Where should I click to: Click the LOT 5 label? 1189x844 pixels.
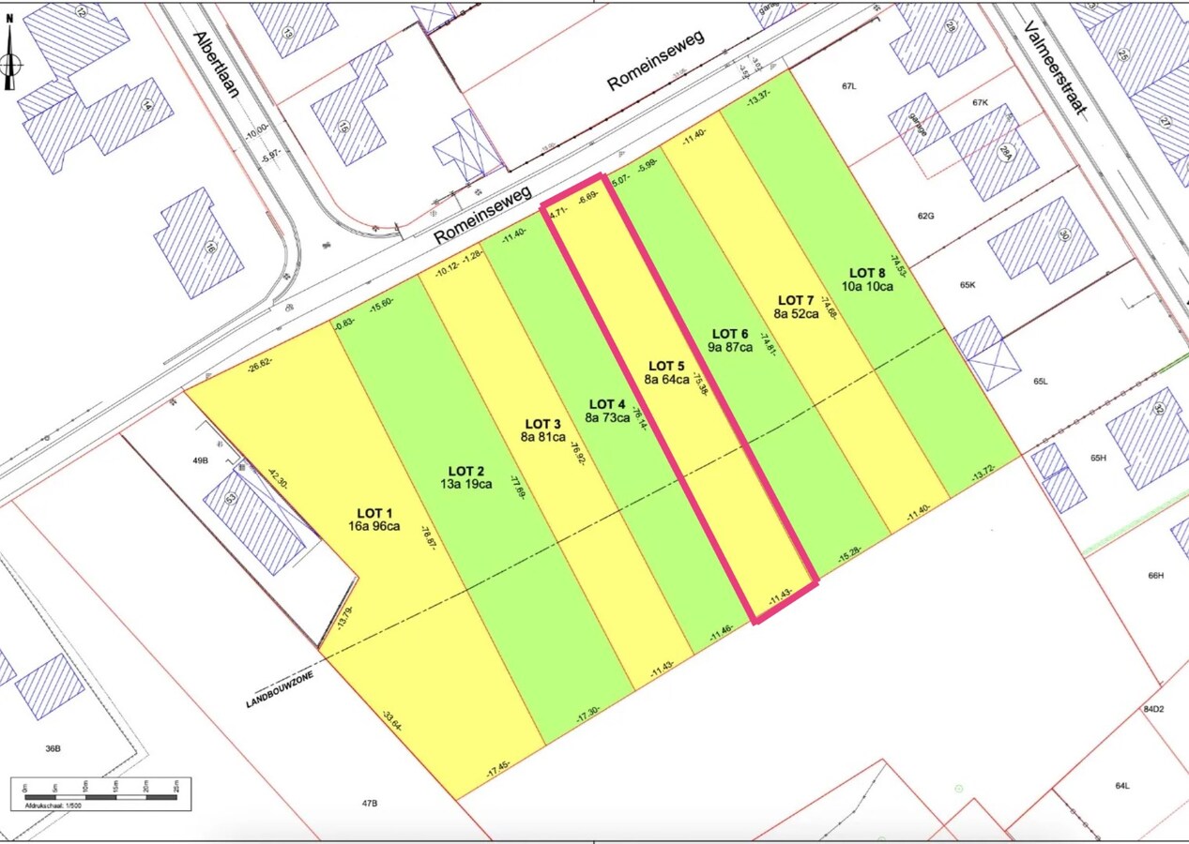pos(667,366)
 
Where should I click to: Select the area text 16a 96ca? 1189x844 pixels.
pos(373,526)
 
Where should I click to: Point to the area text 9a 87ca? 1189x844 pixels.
pos(730,347)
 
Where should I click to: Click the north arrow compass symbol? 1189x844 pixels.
pos(10,58)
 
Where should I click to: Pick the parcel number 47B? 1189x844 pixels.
pos(369,804)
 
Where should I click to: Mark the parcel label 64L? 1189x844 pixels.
pos(1121,786)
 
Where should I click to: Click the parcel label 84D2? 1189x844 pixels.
pos(1153,710)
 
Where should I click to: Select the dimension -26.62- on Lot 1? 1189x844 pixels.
pos(259,367)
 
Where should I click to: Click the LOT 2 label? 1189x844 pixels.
pos(466,471)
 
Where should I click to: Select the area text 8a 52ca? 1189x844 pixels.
pos(796,313)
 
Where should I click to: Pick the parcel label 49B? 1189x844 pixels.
pos(200,460)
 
